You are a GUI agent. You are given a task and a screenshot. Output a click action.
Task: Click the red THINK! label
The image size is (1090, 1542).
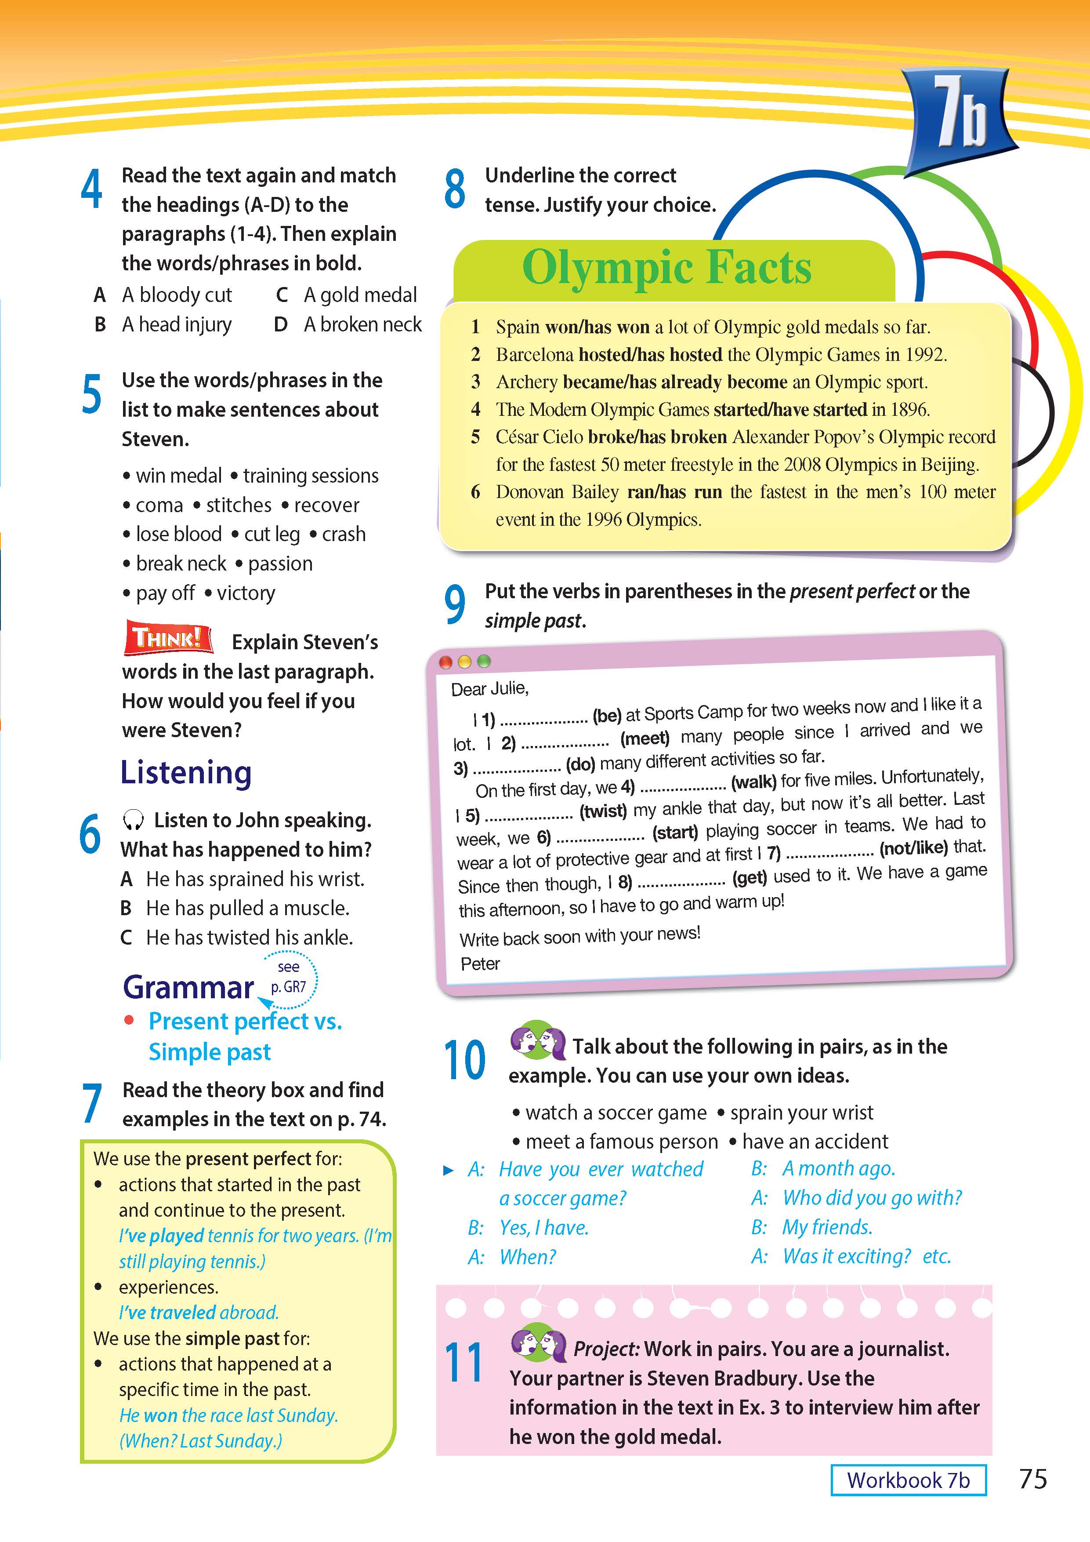pos(168,637)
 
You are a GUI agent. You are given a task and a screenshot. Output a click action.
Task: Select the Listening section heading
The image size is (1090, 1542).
pos(186,772)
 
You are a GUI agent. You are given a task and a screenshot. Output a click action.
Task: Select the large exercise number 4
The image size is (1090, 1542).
pos(92,189)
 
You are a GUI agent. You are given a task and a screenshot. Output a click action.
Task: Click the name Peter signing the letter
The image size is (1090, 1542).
pos(480,964)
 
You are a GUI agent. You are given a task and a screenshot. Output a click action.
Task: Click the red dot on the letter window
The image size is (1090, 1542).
pos(445,662)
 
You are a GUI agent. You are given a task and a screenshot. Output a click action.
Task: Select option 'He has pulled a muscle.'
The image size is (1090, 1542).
pos(248,908)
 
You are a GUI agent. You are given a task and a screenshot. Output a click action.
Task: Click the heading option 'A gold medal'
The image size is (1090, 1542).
pos(360,295)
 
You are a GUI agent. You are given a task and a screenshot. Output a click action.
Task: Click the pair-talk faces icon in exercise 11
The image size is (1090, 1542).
pos(538,1343)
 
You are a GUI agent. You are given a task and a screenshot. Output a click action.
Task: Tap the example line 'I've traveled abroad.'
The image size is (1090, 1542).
pos(198,1312)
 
